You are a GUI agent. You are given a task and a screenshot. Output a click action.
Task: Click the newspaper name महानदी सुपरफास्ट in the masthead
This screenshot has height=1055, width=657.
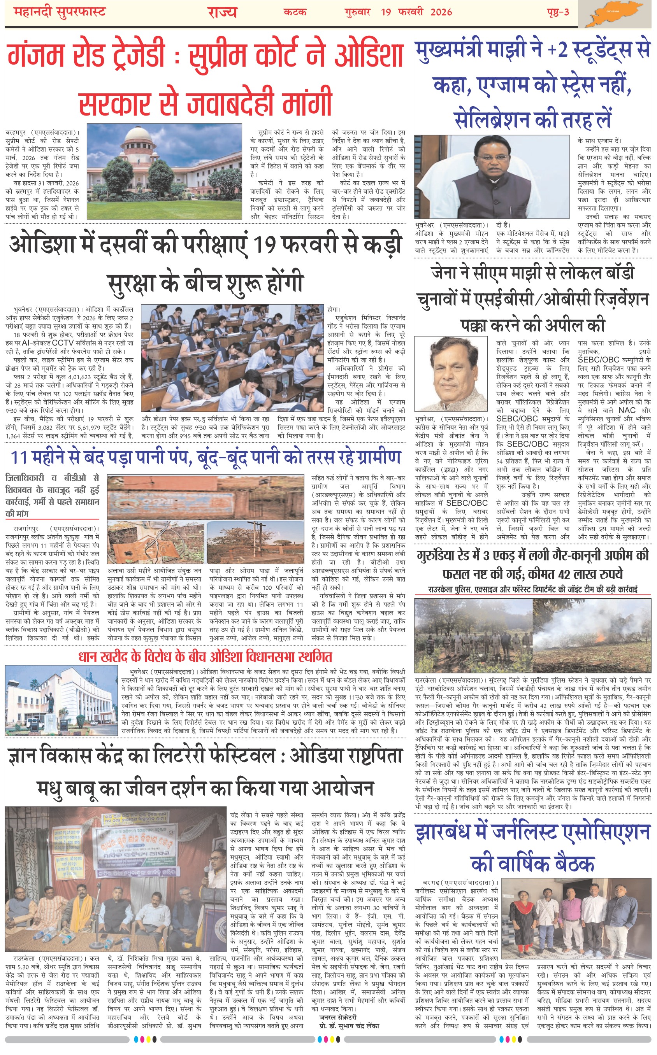click(60, 12)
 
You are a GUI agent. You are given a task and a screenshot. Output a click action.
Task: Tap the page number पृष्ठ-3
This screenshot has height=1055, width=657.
click(558, 12)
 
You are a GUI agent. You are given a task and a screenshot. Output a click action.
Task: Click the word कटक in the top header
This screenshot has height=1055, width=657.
click(295, 12)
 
